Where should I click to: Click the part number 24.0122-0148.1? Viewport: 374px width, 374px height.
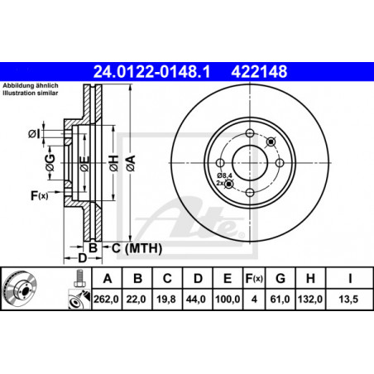(151, 72)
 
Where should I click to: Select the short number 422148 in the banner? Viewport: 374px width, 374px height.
(259, 72)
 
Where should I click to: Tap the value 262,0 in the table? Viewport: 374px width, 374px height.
(106, 299)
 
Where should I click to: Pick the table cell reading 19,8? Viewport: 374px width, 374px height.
(166, 299)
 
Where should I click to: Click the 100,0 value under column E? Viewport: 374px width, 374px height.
(228, 299)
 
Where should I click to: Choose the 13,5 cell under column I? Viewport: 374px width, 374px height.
(348, 299)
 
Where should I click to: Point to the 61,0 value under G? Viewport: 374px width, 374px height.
(280, 299)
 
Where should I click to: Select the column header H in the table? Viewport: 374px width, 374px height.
(310, 279)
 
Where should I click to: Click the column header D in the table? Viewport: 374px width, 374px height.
(198, 279)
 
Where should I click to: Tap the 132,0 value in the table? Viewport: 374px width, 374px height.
(310, 299)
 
